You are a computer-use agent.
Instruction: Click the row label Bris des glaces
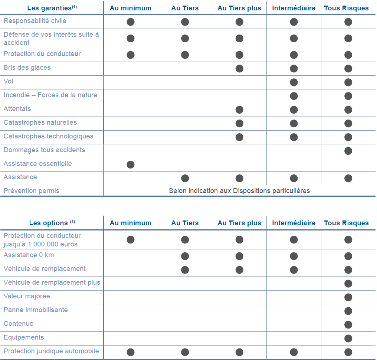pos(27,68)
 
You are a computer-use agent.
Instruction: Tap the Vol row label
pos(9,81)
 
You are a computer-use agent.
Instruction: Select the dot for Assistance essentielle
pos(131,164)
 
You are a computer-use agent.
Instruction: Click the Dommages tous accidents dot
pos(348,151)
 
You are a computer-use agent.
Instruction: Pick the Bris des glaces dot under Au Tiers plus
pos(239,68)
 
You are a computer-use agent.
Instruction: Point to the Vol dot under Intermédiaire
pos(294,82)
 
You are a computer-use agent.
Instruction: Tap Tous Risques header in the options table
pos(346,223)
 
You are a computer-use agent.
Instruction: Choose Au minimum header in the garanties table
pos(131,8)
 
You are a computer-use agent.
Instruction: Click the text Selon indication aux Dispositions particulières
pos(239,191)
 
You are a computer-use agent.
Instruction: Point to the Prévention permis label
pos(32,191)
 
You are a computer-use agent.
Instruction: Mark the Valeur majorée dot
pos(348,297)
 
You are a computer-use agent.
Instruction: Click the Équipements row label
pos(24,337)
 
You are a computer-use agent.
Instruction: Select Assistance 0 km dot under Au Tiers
pos(185,256)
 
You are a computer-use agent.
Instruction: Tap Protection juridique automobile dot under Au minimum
pos(131,352)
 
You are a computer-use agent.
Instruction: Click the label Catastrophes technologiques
pos(49,136)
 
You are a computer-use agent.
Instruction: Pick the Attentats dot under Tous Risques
pos(348,109)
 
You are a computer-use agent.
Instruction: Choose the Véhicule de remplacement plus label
pos(52,282)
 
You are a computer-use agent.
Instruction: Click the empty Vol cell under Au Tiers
pos(185,82)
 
